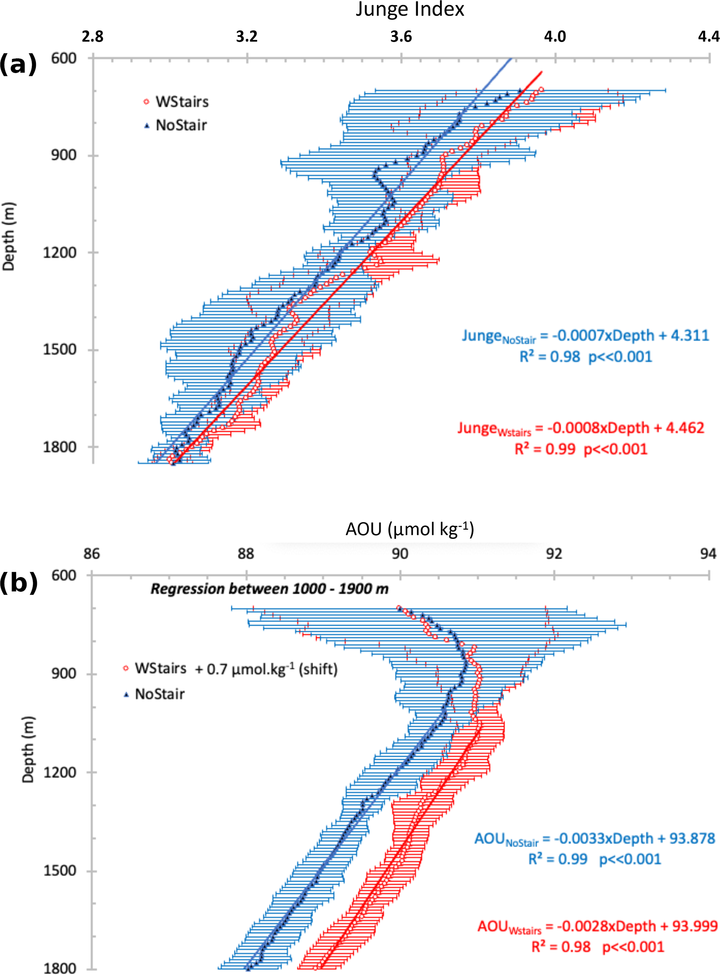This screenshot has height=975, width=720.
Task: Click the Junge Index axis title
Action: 410,10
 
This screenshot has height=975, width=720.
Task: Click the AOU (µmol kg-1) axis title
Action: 409,529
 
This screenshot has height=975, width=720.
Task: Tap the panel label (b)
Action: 18,583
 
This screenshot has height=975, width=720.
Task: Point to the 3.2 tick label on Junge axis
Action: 247,37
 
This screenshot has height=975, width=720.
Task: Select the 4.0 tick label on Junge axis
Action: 555,37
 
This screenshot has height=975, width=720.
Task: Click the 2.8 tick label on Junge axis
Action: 92,37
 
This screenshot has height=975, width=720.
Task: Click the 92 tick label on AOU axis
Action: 554,554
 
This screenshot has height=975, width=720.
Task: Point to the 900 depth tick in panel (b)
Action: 64,673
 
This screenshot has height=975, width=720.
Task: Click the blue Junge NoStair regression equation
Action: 585,336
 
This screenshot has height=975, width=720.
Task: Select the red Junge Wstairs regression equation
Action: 581,428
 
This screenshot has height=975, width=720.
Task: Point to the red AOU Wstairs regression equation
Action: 597,926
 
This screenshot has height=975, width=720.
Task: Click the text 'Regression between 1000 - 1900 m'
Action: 269,589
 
